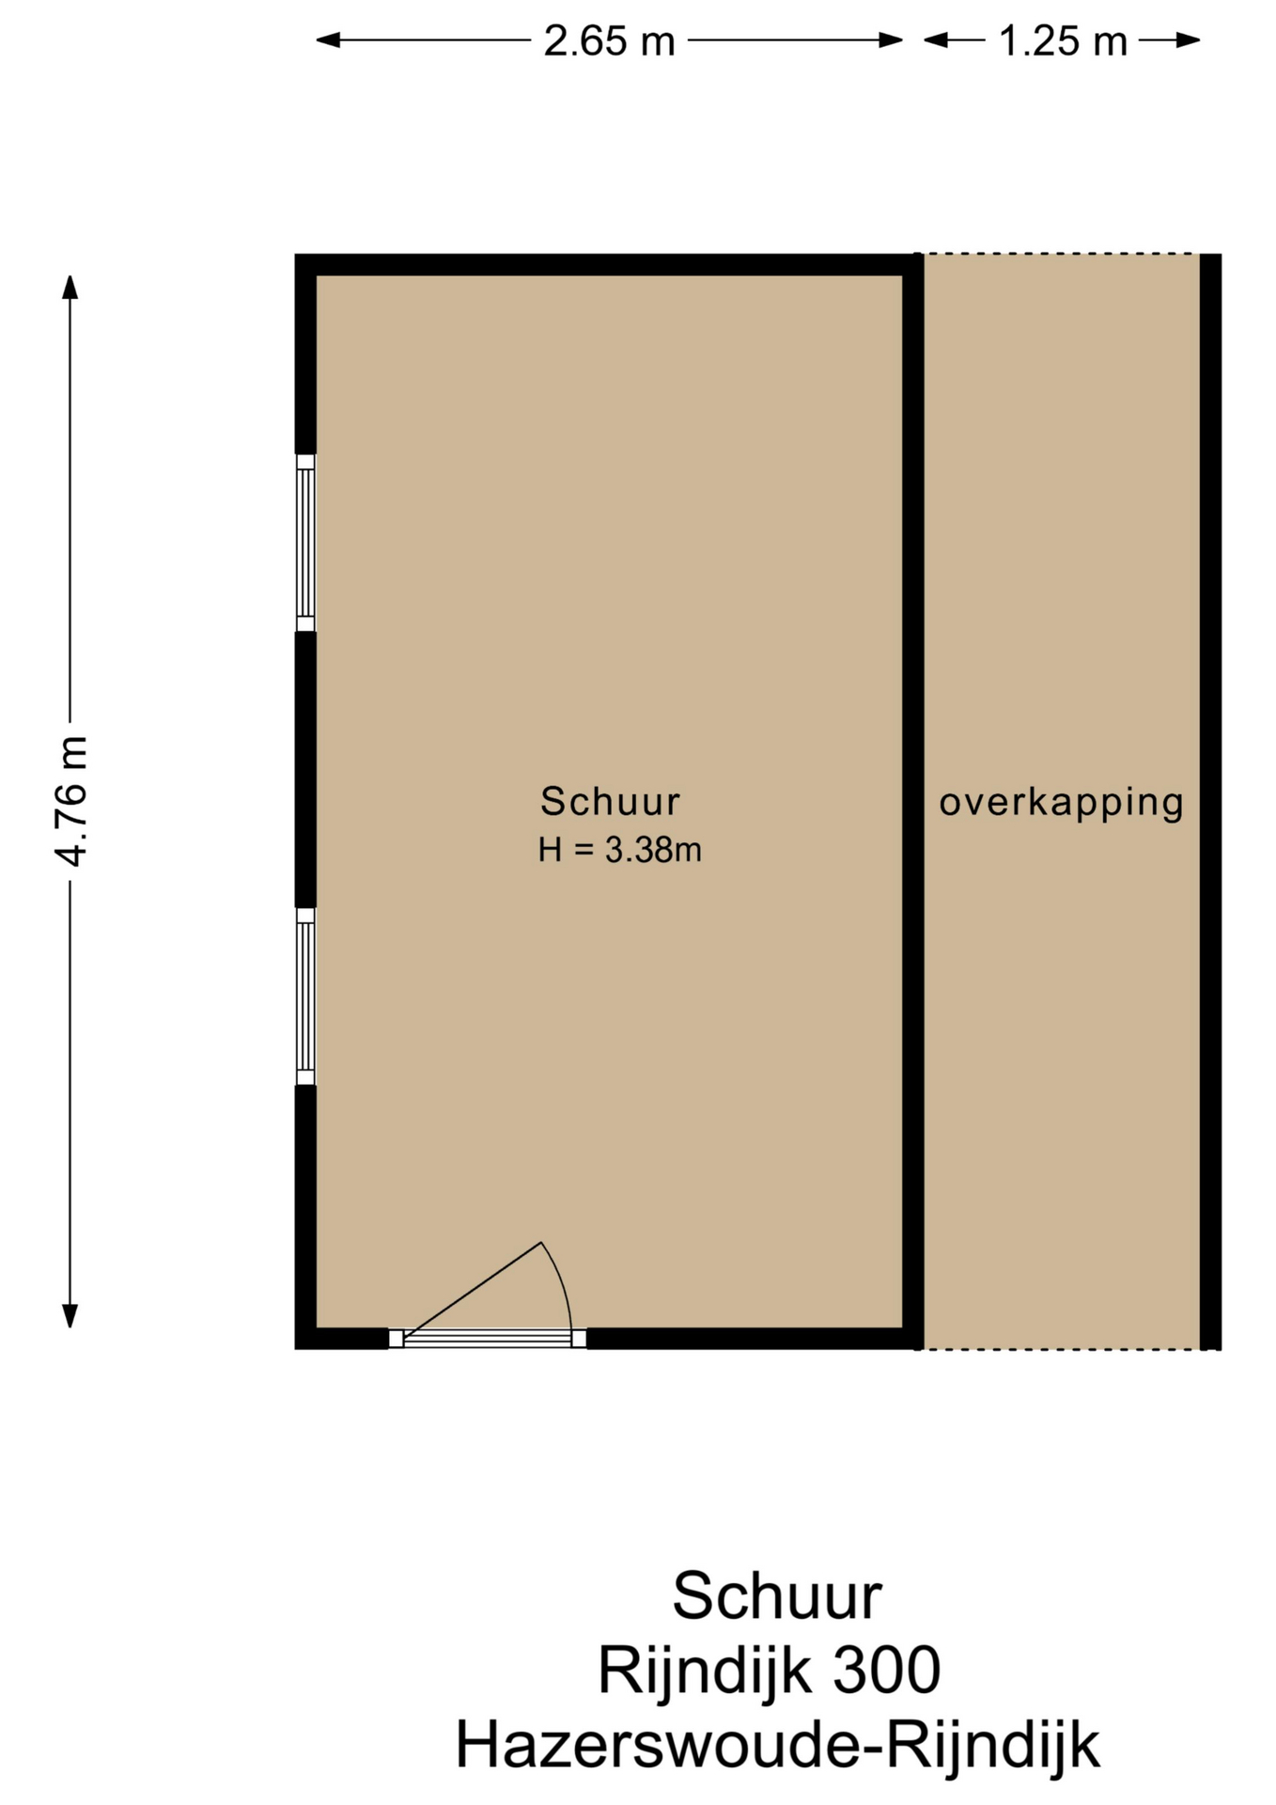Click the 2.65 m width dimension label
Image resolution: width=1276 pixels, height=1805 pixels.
[609, 41]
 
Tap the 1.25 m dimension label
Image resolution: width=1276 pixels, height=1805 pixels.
[1062, 41]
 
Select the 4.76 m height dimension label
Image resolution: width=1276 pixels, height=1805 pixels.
[71, 801]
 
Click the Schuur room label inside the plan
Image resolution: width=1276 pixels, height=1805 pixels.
[610, 801]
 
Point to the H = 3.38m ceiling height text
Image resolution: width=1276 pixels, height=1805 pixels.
[620, 850]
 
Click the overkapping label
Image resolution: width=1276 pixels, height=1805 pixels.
[1062, 803]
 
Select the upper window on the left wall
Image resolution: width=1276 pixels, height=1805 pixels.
[305, 542]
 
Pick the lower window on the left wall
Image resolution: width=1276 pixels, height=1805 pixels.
[305, 997]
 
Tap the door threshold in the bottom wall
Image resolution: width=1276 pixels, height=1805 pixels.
[488, 1339]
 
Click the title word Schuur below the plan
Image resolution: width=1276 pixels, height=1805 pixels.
[777, 1596]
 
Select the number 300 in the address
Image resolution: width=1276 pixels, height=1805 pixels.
[886, 1671]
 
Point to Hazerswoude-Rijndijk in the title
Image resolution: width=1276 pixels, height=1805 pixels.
[777, 1747]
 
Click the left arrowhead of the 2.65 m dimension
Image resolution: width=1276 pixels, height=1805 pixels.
[327, 39]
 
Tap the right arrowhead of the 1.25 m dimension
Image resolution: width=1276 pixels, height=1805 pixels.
[1189, 39]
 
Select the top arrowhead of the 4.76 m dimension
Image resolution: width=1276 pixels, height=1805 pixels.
[70, 286]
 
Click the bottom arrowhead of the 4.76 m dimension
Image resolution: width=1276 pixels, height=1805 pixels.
[70, 1315]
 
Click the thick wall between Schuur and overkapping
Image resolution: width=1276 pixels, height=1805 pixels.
[913, 801]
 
